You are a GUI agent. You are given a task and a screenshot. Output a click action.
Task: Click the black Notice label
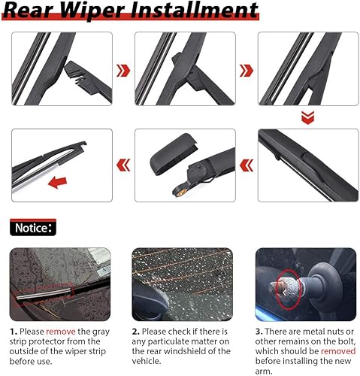coord(32,226)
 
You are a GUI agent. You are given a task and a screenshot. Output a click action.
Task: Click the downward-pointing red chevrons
coord(305,117)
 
